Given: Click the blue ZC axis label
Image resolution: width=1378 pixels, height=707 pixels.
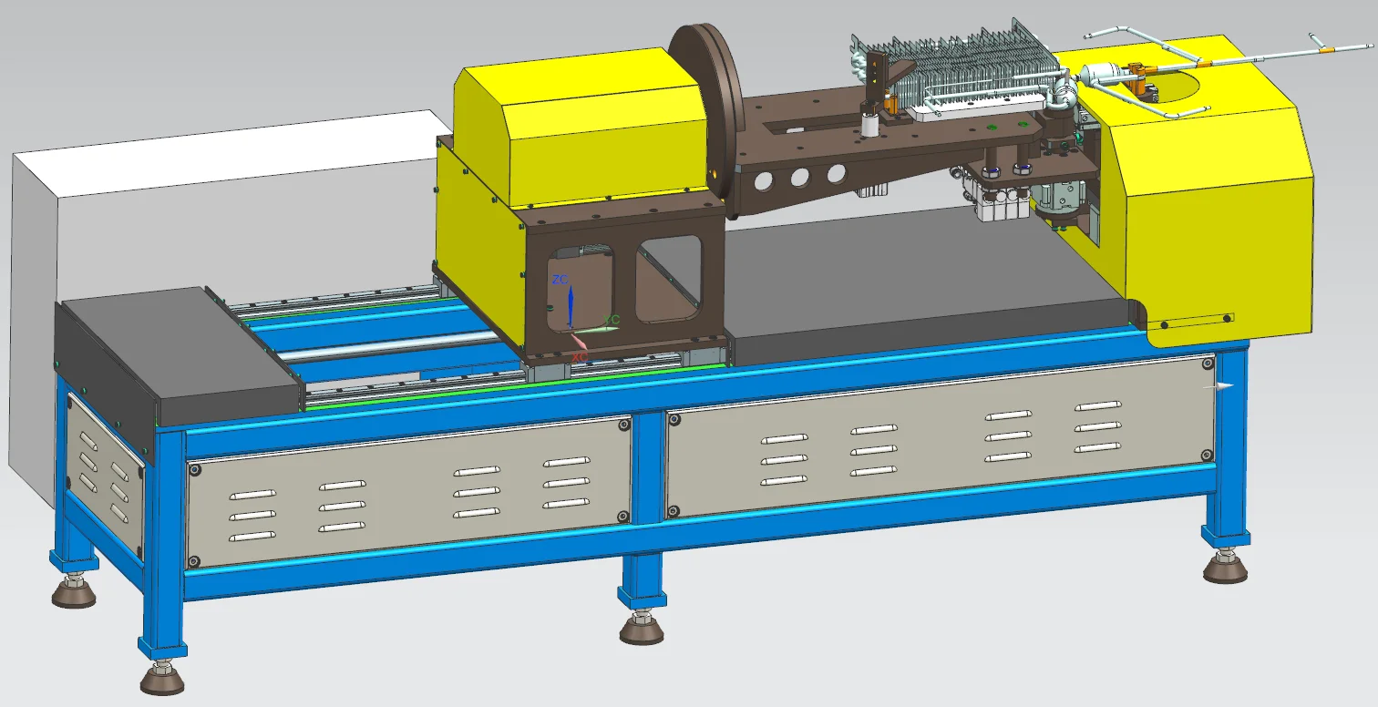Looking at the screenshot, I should point(560,280).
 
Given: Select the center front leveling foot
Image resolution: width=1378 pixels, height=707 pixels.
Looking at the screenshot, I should point(642,628).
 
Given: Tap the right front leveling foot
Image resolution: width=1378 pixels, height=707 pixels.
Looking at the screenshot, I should point(1225,569).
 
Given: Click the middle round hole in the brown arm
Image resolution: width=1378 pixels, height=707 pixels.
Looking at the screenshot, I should point(799,178).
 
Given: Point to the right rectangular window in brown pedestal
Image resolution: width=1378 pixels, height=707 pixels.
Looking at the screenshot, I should point(669,278).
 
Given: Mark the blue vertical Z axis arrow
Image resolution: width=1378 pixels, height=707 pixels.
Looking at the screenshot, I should point(570,305).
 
